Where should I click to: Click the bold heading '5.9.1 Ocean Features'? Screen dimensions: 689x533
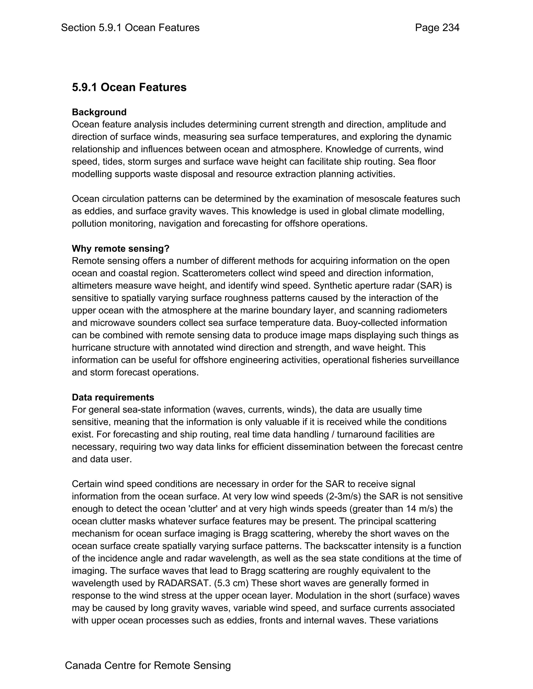tap(129, 87)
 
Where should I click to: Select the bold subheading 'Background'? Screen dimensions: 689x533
tap(99, 112)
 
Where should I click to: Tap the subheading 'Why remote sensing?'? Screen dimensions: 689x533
tap(120, 249)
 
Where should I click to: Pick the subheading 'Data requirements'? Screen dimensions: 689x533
tap(113, 397)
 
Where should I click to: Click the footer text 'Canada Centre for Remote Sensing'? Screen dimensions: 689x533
tap(148, 665)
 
